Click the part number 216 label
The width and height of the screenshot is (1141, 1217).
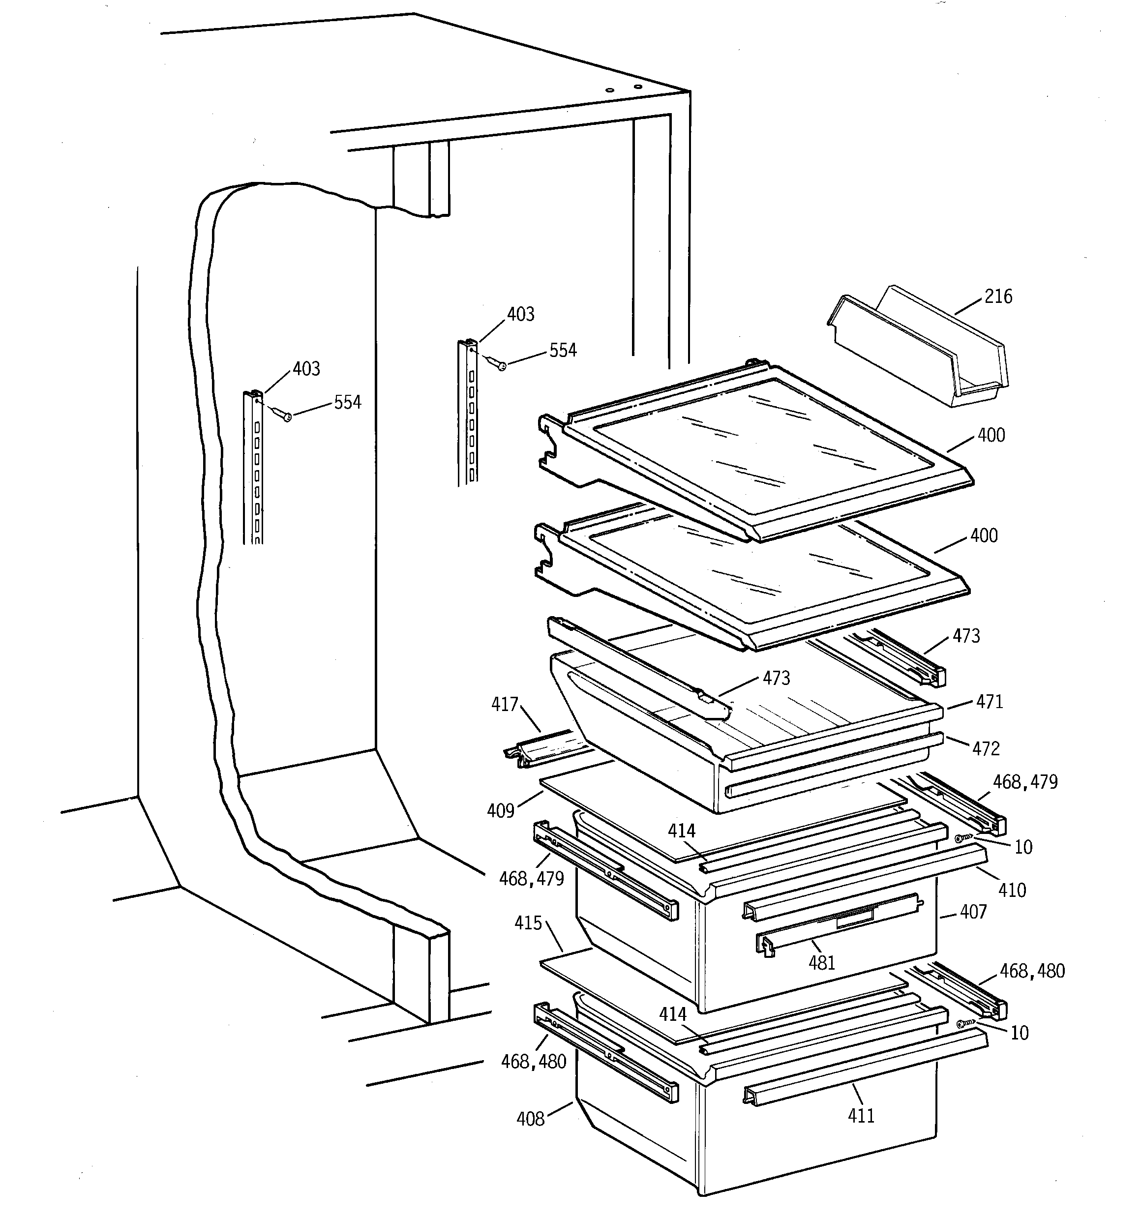pyautogui.click(x=998, y=297)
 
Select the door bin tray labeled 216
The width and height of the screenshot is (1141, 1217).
pyautogui.click(x=919, y=349)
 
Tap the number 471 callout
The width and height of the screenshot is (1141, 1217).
pyautogui.click(x=990, y=702)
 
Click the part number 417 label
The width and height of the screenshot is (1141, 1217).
pyautogui.click(x=505, y=705)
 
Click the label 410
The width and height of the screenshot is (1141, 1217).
pyautogui.click(x=1012, y=890)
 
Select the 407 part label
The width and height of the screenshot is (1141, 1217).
pyautogui.click(x=973, y=912)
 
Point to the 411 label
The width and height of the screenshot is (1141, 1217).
pyautogui.click(x=861, y=1115)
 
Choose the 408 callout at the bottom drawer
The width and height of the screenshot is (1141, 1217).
pyautogui.click(x=530, y=1119)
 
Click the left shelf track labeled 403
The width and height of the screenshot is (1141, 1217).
pyautogui.click(x=253, y=465)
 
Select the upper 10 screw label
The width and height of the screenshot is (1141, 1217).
pyautogui.click(x=1023, y=847)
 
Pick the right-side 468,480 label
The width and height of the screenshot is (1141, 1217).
pyautogui.click(x=1032, y=971)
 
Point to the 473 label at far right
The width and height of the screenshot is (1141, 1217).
pyautogui.click(x=966, y=636)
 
